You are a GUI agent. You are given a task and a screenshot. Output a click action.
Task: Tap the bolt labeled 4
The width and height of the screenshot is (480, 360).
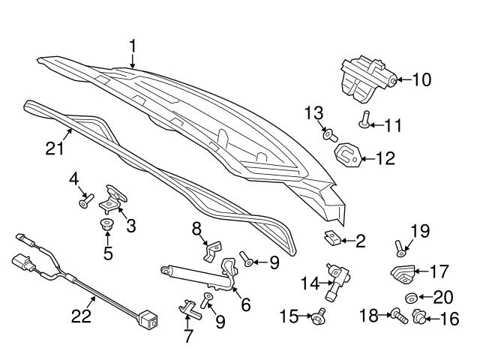(x=85, y=200)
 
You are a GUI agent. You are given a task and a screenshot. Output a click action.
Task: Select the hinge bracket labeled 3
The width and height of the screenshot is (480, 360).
(x=115, y=198)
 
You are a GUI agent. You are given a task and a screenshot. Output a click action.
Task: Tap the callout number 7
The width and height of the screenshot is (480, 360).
(x=187, y=335)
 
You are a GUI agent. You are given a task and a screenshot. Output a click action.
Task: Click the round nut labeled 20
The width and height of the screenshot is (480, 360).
(x=412, y=298)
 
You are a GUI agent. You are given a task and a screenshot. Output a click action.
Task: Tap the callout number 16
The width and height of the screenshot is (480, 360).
(x=448, y=319)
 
